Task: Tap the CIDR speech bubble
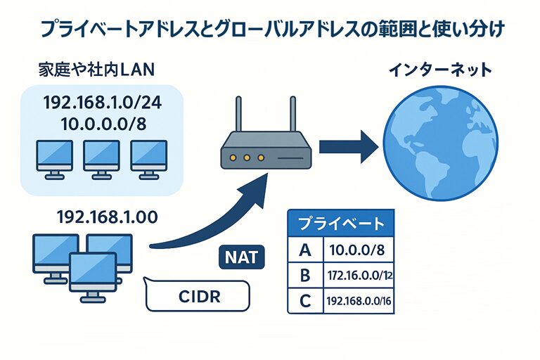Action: [196, 297]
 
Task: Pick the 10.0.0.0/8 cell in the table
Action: [357, 250]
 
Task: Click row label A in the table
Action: [304, 250]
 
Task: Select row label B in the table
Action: [304, 275]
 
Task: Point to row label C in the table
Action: [304, 301]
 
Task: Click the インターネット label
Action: [441, 70]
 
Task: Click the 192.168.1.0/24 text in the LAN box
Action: [102, 103]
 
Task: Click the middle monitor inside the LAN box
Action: [101, 156]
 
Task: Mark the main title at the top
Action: [270, 30]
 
